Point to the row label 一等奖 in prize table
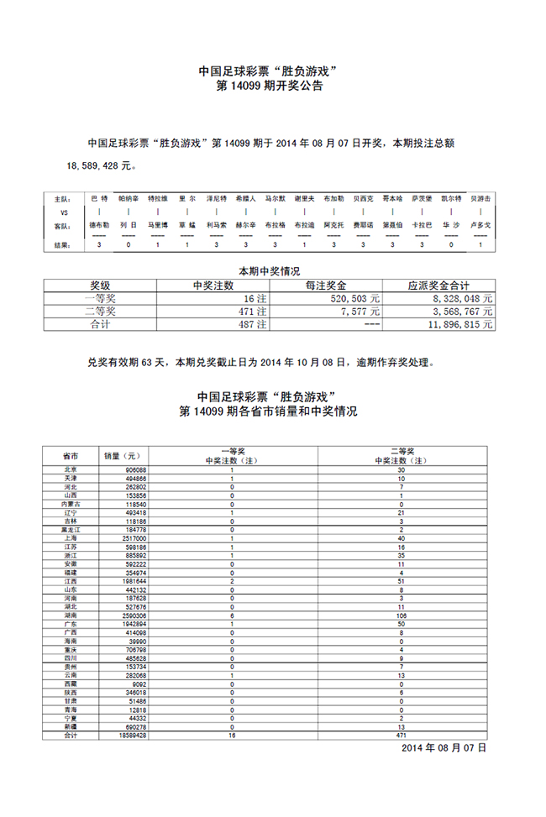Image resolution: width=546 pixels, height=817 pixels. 106,297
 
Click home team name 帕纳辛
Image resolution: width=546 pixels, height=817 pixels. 129,198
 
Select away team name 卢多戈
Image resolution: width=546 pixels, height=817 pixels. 480,226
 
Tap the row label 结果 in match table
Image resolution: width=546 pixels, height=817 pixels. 63,245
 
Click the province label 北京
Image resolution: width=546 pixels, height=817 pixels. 71,469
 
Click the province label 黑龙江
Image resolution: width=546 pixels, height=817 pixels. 71,530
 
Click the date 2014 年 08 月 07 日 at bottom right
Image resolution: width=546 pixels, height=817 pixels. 444,746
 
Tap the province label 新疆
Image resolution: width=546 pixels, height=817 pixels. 71,725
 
